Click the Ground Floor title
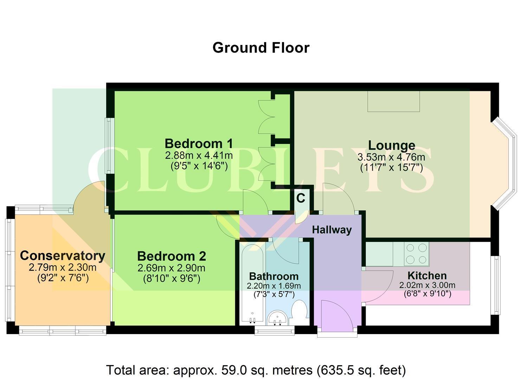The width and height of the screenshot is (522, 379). (x=261, y=48)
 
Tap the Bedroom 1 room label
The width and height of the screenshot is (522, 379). (x=199, y=144)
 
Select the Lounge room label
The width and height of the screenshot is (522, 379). (x=392, y=146)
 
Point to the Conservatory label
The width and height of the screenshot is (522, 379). (x=63, y=256)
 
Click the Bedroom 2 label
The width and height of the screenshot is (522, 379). (x=172, y=257)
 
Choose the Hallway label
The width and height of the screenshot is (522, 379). (x=332, y=230)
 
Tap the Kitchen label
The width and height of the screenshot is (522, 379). (x=427, y=276)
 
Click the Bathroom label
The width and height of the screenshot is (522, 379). (x=274, y=277)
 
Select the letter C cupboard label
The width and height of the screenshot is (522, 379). (x=301, y=198)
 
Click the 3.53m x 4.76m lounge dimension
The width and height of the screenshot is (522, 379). (x=391, y=157)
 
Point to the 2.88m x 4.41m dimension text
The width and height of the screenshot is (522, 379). (x=199, y=155)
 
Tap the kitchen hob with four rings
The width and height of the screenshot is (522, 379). (x=417, y=254)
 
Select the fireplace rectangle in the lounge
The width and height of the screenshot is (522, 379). (x=394, y=101)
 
